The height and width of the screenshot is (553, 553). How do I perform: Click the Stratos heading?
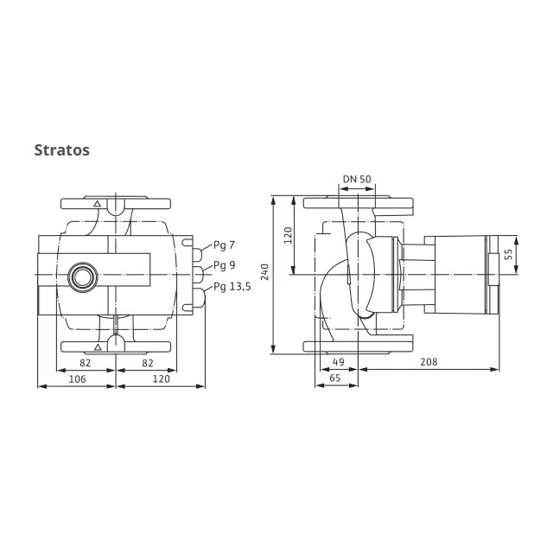[61, 150]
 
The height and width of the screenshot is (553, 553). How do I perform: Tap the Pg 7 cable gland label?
[224, 245]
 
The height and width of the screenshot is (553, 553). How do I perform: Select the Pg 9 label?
[225, 265]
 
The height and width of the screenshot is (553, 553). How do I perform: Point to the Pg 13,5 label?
[232, 287]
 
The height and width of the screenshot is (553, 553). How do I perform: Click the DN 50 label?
[357, 179]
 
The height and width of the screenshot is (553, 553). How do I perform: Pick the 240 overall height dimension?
[265, 272]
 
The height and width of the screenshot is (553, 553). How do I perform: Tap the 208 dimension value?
[429, 362]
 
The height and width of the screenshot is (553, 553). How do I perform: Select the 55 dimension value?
[508, 254]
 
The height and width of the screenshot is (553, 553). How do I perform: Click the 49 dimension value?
[338, 362]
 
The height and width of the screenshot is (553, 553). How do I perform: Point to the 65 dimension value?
[334, 378]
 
